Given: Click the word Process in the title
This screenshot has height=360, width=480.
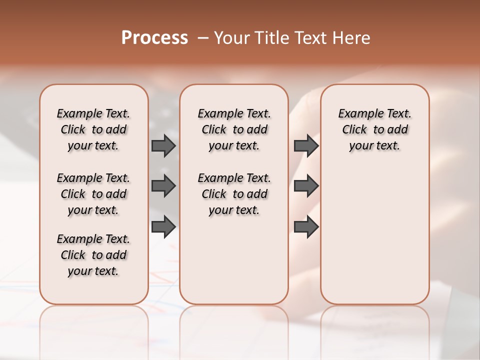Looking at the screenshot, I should tap(154, 38).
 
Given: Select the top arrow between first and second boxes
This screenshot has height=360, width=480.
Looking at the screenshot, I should tap(163, 145).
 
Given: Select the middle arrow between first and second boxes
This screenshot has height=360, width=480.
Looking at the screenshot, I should tap(163, 186).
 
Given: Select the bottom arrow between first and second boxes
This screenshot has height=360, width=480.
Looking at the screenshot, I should tap(163, 227).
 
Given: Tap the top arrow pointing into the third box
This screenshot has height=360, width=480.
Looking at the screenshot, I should tap(306, 145).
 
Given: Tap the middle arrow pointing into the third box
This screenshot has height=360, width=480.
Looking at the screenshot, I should tap(306, 186).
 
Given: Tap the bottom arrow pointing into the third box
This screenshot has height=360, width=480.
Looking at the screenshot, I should tap(306, 227).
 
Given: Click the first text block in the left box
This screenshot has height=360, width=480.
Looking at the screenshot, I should tap(93, 129).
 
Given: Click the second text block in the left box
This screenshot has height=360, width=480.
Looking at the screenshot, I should tap(93, 194).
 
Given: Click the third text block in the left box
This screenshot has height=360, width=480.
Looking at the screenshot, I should tap(93, 255).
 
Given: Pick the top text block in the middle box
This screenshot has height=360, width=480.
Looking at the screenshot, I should tap(234, 129).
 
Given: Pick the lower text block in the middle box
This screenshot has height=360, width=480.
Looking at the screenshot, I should tap(234, 194).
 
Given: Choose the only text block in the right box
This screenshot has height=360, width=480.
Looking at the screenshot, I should tap(374, 129).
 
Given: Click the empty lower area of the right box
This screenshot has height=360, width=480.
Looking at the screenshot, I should tap(374, 240).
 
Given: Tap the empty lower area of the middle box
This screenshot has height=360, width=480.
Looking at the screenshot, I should tap(234, 260).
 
